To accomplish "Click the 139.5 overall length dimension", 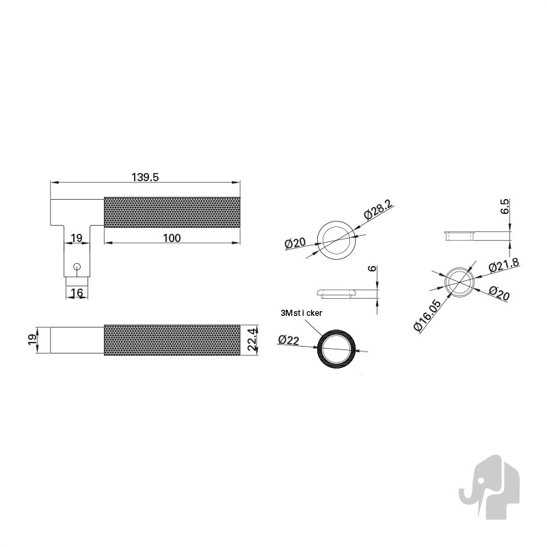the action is (x=145, y=177).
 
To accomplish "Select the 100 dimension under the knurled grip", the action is (x=172, y=238).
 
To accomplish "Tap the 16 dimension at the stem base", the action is (x=77, y=293).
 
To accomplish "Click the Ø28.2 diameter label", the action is (x=377, y=209).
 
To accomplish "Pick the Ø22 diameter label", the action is (x=289, y=339).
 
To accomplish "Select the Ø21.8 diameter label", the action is (x=504, y=265).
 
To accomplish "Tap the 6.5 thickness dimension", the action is (x=505, y=206).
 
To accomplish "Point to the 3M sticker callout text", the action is (x=302, y=313).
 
